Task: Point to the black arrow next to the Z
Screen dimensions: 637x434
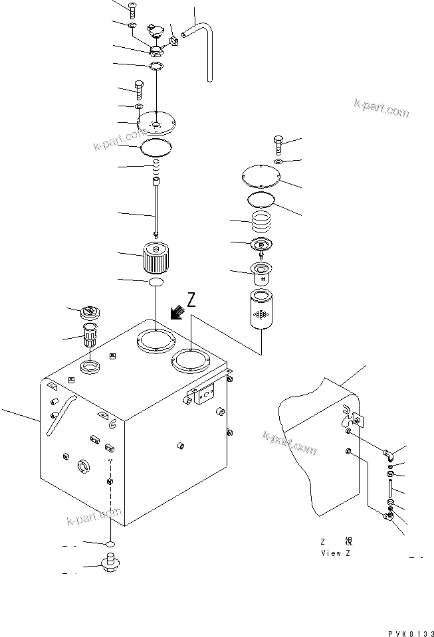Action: pyautogui.click(x=177, y=312)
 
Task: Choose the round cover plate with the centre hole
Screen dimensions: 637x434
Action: pyautogui.click(x=156, y=123)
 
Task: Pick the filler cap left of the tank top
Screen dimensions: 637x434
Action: pyautogui.click(x=88, y=313)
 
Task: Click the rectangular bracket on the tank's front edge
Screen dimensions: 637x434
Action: pyautogui.click(x=203, y=395)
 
